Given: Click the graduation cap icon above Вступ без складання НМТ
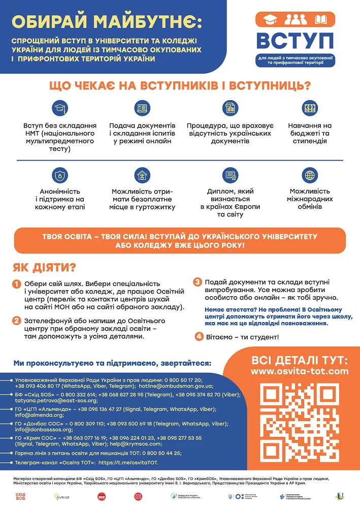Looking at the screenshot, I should [x=60, y=108].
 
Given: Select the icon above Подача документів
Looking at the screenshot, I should [x=142, y=108].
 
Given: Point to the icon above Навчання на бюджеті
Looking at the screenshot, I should [x=310, y=108].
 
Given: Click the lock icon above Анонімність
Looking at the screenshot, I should [x=60, y=176].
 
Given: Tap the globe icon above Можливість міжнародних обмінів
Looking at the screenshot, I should [x=310, y=176].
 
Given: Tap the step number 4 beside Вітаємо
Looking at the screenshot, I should [x=199, y=336].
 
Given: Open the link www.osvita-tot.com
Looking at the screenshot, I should [x=300, y=371].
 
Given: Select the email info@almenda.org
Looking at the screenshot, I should [x=34, y=415].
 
